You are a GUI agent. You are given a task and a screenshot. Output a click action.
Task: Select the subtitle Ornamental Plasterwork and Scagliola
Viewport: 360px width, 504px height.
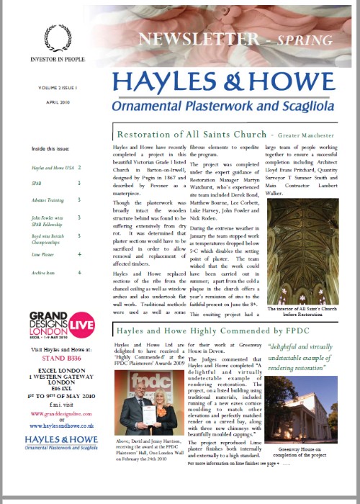[228, 106]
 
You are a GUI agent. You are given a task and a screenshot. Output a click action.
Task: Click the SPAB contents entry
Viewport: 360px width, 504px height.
[37, 184]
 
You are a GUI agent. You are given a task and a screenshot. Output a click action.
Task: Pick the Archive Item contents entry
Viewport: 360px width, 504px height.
[44, 273]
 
